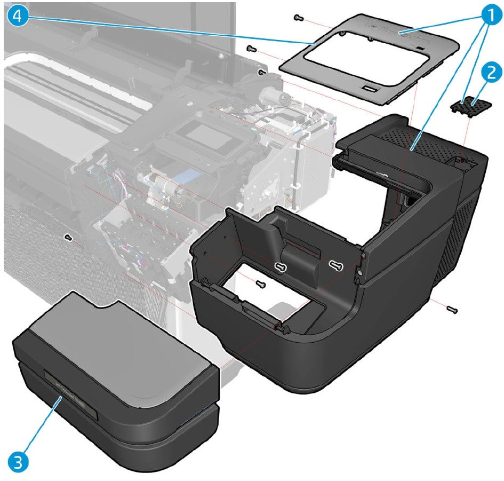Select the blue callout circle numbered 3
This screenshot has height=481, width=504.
(18, 460)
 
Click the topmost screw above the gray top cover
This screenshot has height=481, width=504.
(299, 18)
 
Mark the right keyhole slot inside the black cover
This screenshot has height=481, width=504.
(335, 264)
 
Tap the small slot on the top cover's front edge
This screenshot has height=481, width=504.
(368, 87)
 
